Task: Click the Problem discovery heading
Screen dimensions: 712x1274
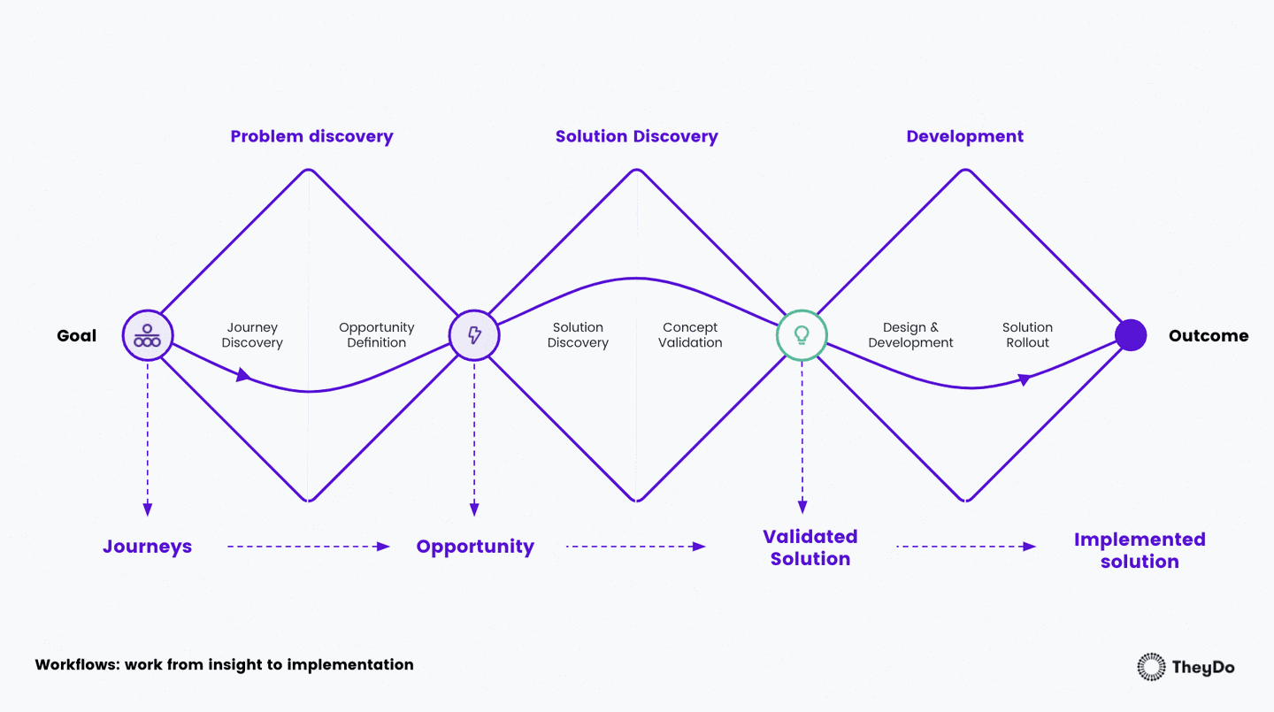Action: click(x=311, y=136)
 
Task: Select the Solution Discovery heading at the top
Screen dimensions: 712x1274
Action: click(x=636, y=136)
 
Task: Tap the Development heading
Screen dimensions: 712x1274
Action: click(x=964, y=136)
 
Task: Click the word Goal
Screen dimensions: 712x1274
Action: click(x=77, y=336)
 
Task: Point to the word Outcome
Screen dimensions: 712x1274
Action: click(x=1208, y=336)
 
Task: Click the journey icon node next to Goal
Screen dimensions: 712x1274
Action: click(x=147, y=335)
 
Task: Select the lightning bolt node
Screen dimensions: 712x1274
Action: click(x=474, y=335)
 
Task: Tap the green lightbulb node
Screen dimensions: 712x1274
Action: click(x=802, y=335)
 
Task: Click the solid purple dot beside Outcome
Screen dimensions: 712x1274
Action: click(x=1130, y=335)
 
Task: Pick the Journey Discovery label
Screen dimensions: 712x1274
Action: click(x=252, y=335)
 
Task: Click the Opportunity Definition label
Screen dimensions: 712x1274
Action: click(x=377, y=335)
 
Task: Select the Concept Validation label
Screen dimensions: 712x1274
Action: click(x=690, y=335)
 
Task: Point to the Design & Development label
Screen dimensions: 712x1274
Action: click(x=910, y=335)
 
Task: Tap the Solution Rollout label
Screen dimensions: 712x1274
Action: click(x=1027, y=335)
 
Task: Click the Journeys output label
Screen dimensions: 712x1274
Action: click(x=147, y=547)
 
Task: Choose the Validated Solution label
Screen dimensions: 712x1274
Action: click(x=810, y=547)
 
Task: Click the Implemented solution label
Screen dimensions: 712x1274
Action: click(x=1140, y=550)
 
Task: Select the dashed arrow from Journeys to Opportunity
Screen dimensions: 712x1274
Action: click(x=308, y=547)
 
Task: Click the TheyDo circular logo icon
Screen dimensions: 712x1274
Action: click(x=1151, y=667)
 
